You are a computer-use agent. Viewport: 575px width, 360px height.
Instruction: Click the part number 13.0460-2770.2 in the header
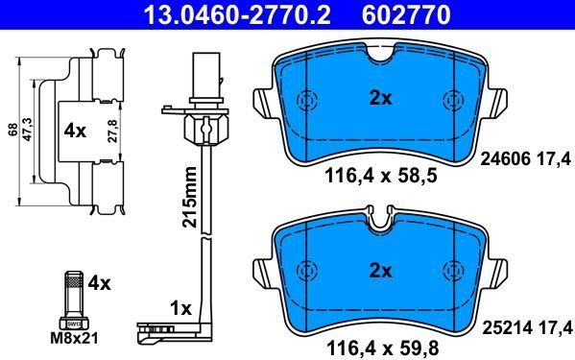pyautogui.click(x=237, y=15)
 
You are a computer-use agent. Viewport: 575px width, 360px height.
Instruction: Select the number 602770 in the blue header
pyautogui.click(x=406, y=15)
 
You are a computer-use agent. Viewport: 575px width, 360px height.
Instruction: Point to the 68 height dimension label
pyautogui.click(x=13, y=131)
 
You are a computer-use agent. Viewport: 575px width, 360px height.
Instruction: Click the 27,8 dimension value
pyautogui.click(x=113, y=131)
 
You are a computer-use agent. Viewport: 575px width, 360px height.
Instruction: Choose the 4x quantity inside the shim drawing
pyautogui.click(x=75, y=131)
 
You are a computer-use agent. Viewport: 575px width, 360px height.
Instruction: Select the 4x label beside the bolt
pyautogui.click(x=99, y=283)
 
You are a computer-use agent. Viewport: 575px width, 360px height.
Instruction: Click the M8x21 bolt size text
pyautogui.click(x=75, y=338)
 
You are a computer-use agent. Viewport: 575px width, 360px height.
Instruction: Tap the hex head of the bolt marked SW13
pyautogui.click(x=74, y=324)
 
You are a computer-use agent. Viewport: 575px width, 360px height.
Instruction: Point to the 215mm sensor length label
pyautogui.click(x=190, y=197)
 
